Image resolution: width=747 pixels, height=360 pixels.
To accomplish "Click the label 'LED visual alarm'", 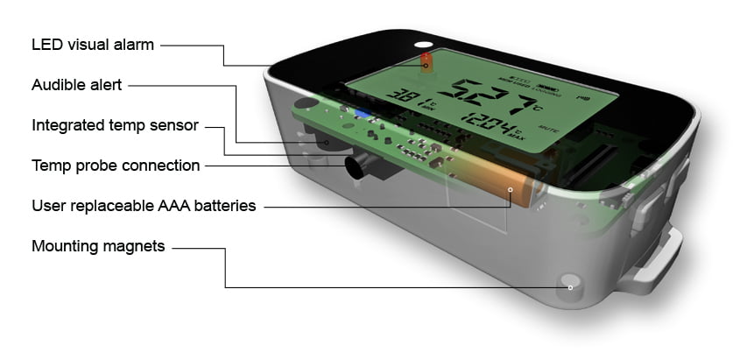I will (93, 45).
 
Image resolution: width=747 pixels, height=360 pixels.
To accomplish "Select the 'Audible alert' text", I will (77, 85).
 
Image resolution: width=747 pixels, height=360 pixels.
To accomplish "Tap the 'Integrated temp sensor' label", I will (115, 125).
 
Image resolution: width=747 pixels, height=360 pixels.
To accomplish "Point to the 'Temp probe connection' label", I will (116, 166).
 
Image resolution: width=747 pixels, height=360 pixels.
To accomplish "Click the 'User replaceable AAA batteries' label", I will (144, 206).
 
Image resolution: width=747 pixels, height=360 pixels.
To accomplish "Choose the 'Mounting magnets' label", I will (98, 246).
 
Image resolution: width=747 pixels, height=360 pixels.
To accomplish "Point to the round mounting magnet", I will (570, 286).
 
